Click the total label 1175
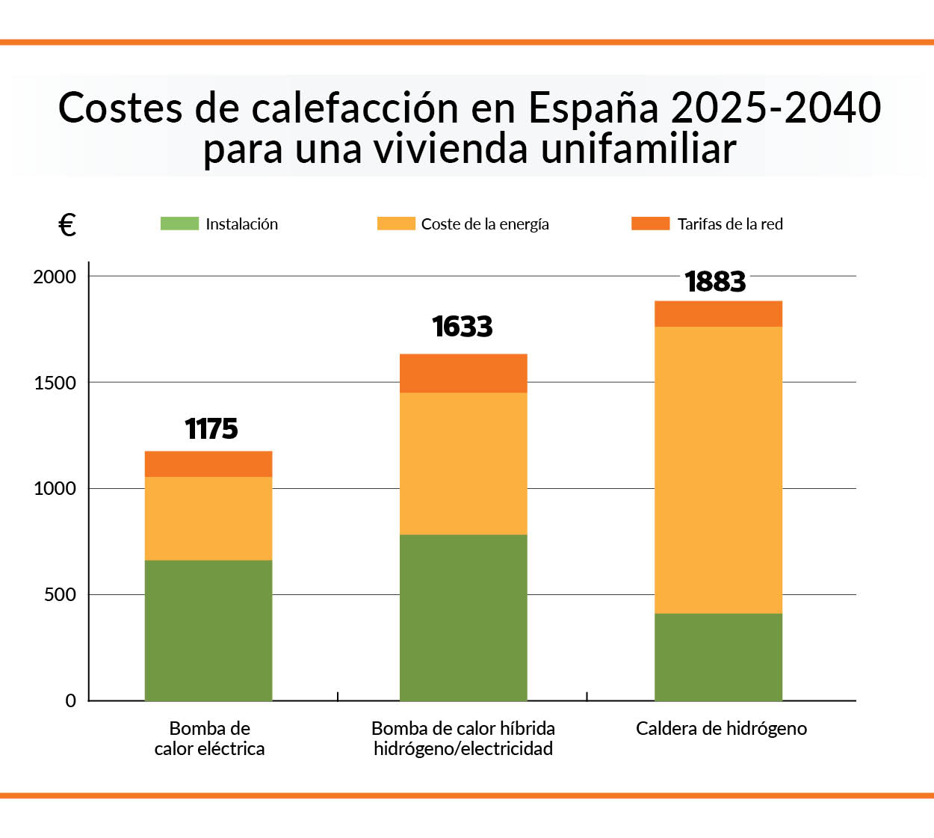211,429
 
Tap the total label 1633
463,327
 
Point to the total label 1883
715,282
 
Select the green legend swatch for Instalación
179,224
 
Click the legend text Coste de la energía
485,224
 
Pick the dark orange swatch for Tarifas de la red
650,224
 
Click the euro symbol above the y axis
67,224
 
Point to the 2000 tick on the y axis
55,277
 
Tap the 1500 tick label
55,383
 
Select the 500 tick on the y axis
60,595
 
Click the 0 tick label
71,701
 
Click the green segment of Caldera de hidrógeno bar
718,656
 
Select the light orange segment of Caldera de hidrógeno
718,469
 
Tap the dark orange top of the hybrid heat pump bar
463,373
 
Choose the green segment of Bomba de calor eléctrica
208,630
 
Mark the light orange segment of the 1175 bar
208,518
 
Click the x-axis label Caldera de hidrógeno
721,729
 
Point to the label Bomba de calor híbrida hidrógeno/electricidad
463,739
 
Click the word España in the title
593,108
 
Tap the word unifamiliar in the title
638,149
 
